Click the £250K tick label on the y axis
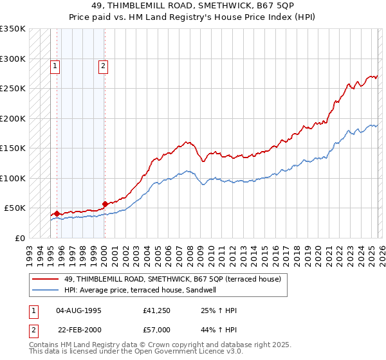(13, 88)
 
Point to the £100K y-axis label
(13, 178)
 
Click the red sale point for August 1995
(57, 213)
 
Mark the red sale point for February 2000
(105, 204)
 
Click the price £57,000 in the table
(157, 329)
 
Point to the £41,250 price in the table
(157, 310)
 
